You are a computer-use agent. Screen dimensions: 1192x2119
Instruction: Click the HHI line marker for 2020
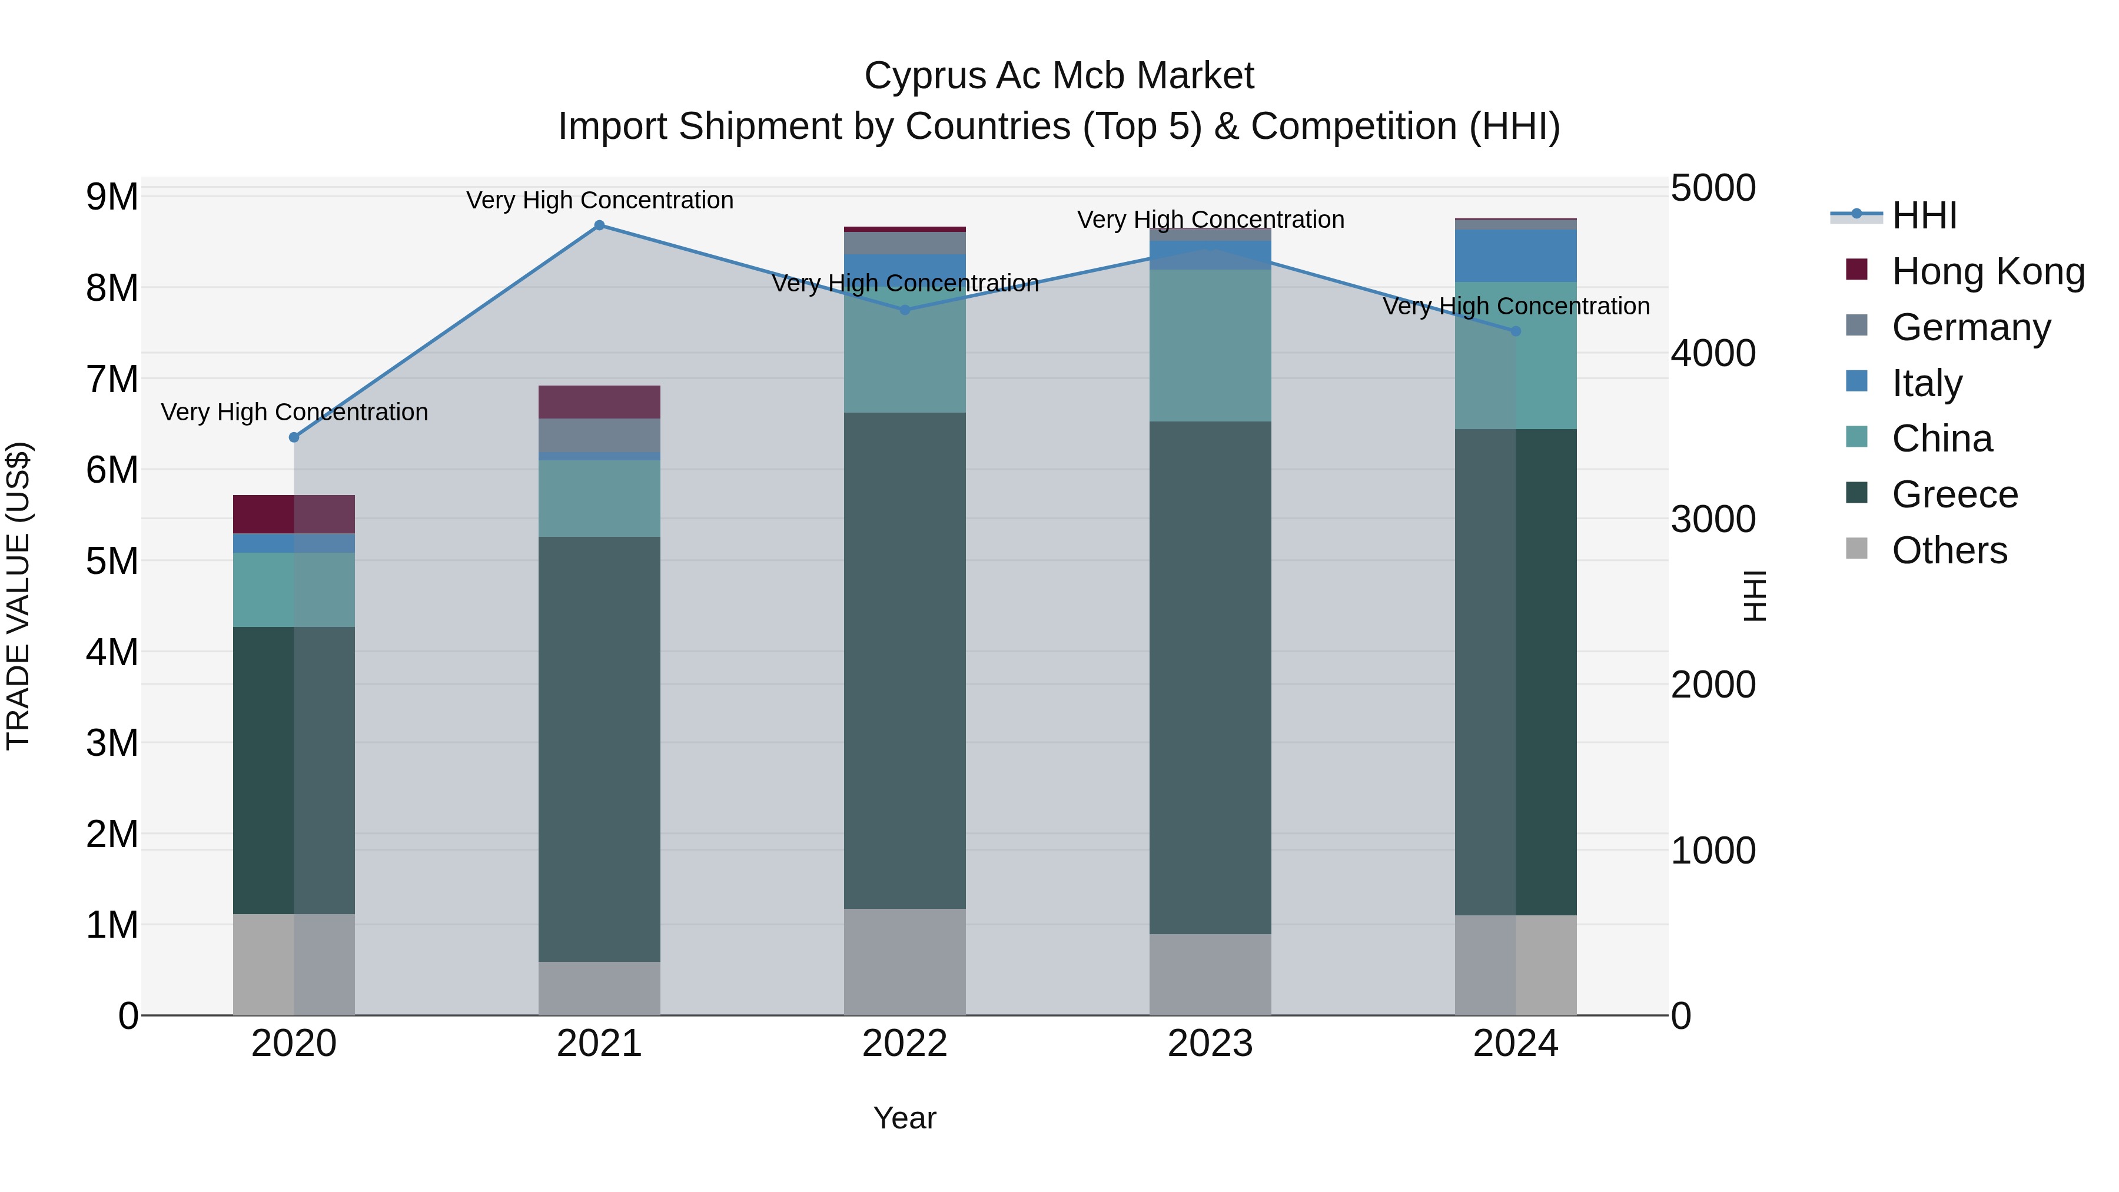[294, 437]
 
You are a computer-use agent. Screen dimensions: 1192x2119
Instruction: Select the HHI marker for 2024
[1516, 331]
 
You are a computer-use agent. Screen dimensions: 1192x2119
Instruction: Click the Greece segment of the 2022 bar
[905, 660]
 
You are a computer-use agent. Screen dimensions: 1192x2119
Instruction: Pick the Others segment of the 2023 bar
[1210, 975]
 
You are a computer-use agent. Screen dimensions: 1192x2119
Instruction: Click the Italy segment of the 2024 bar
[1516, 256]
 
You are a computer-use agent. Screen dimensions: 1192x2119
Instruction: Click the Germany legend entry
[1971, 327]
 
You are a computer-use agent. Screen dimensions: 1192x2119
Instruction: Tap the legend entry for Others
[1949, 550]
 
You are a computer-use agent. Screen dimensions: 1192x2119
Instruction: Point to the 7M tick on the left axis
[112, 380]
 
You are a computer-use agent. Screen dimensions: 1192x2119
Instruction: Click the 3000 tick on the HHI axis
[1713, 519]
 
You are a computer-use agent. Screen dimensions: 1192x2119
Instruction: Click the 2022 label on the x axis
[905, 1044]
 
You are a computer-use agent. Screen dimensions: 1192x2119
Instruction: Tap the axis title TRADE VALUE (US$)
[18, 596]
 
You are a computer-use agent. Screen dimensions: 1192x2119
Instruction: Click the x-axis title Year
[905, 1118]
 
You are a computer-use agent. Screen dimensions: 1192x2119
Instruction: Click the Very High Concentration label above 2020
[294, 411]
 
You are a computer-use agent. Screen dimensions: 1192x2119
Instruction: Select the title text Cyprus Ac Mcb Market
[1059, 76]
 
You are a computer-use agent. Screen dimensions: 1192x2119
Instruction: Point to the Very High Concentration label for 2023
[1210, 220]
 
